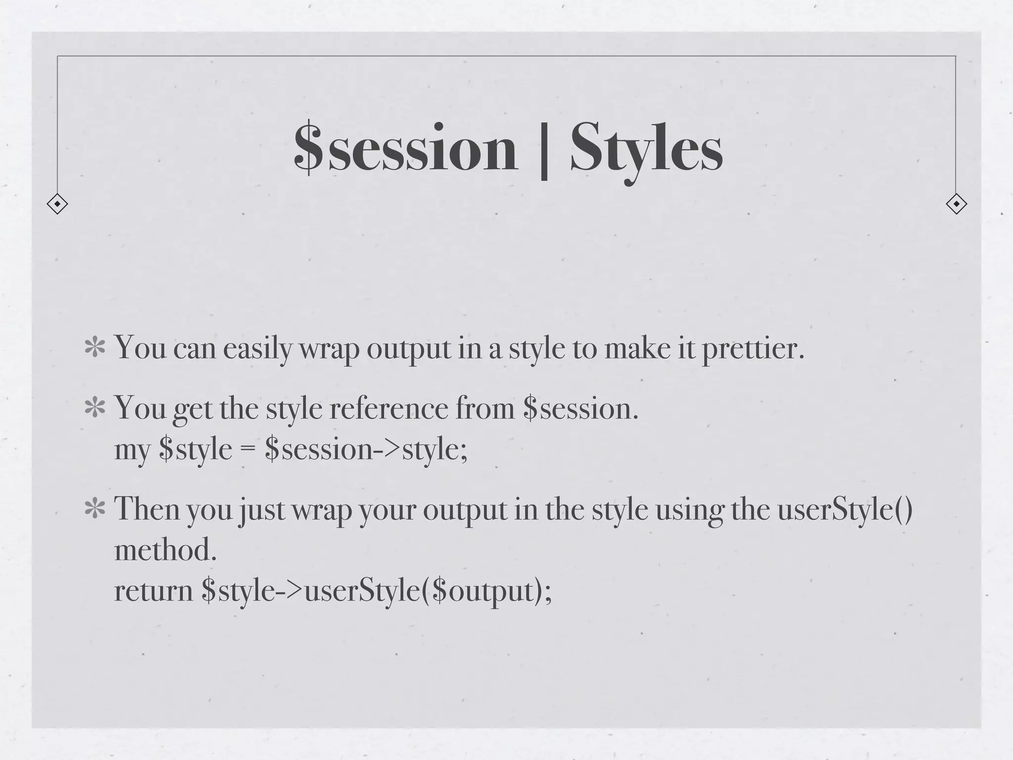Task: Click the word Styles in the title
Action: click(646, 148)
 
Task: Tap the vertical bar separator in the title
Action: click(544, 150)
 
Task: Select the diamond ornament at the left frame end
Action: click(57, 204)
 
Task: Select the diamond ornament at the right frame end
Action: click(956, 204)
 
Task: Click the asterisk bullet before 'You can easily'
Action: click(94, 348)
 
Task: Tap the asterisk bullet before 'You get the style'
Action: click(94, 409)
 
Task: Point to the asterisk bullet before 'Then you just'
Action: click(94, 510)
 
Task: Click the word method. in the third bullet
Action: click(165, 550)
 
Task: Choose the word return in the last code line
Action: click(153, 591)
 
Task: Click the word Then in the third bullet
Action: click(147, 509)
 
